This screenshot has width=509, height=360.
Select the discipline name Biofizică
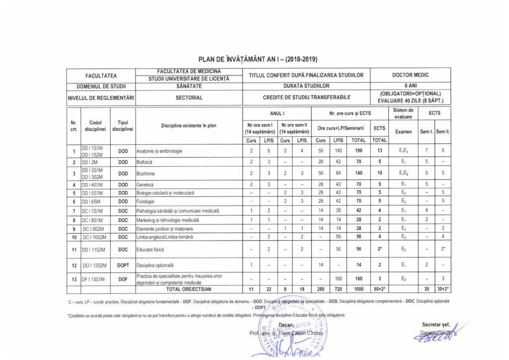tap(144, 162)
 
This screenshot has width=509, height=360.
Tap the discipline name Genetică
tap(144, 184)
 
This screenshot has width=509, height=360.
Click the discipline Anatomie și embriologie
tap(159, 151)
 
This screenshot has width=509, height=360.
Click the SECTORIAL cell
tap(188, 97)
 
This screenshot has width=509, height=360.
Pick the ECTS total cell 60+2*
tap(380, 288)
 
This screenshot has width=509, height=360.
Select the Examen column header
tap(403, 132)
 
